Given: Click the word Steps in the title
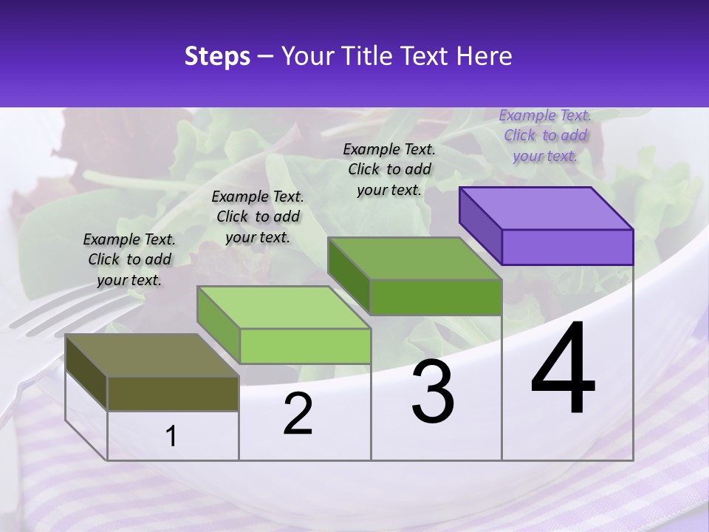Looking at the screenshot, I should tap(217, 56).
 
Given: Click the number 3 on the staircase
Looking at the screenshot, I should tap(433, 392).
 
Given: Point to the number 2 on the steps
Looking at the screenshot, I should tap(298, 414).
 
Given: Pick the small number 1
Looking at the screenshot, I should tap(171, 437).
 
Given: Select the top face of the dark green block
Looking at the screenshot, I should tap(414, 259).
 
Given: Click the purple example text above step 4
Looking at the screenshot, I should tap(545, 135).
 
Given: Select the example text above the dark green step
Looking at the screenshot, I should tap(389, 169).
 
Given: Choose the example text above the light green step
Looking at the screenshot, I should tap(258, 216).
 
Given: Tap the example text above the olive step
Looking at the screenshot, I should tap(129, 259).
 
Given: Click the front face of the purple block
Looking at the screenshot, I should tap(567, 247).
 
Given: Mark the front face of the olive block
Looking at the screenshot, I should tap(173, 393).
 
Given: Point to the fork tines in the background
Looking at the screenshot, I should tap(44, 314).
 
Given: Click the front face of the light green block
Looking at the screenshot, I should tap(305, 346).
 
